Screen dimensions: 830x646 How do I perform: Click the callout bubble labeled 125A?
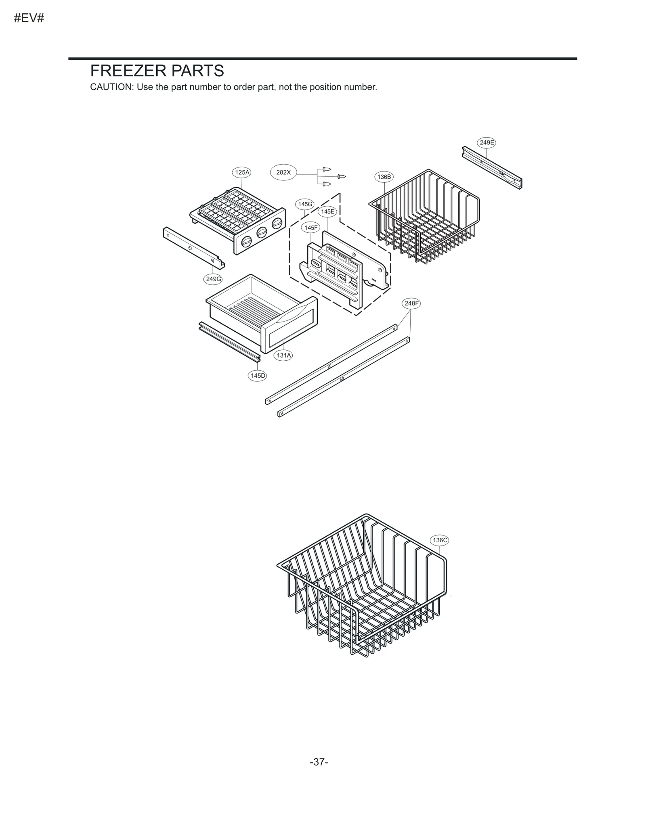tap(242, 172)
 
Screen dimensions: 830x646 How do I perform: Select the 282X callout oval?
tap(283, 172)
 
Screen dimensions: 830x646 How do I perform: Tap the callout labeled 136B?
tap(384, 177)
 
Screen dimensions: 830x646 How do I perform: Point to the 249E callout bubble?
tap(487, 142)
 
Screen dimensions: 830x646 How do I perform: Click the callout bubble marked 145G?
tap(305, 204)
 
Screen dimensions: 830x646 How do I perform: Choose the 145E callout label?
tap(327, 211)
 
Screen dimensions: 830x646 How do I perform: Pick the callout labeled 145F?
tap(310, 228)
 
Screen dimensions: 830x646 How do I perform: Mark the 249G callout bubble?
tap(213, 279)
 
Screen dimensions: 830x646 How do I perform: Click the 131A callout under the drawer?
tap(283, 355)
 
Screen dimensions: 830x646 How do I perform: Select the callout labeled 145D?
tap(258, 376)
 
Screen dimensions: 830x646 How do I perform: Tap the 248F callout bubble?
tap(411, 303)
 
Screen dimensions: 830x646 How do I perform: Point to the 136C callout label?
tap(439, 540)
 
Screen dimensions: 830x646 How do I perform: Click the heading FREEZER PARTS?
tap(157, 71)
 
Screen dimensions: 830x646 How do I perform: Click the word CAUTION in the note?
tap(111, 87)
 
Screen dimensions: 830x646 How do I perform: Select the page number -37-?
tap(319, 762)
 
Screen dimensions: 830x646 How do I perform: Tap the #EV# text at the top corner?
tap(29, 19)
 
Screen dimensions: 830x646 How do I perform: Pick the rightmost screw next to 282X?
tap(342, 176)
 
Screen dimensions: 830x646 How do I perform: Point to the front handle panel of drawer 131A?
tap(289, 325)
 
